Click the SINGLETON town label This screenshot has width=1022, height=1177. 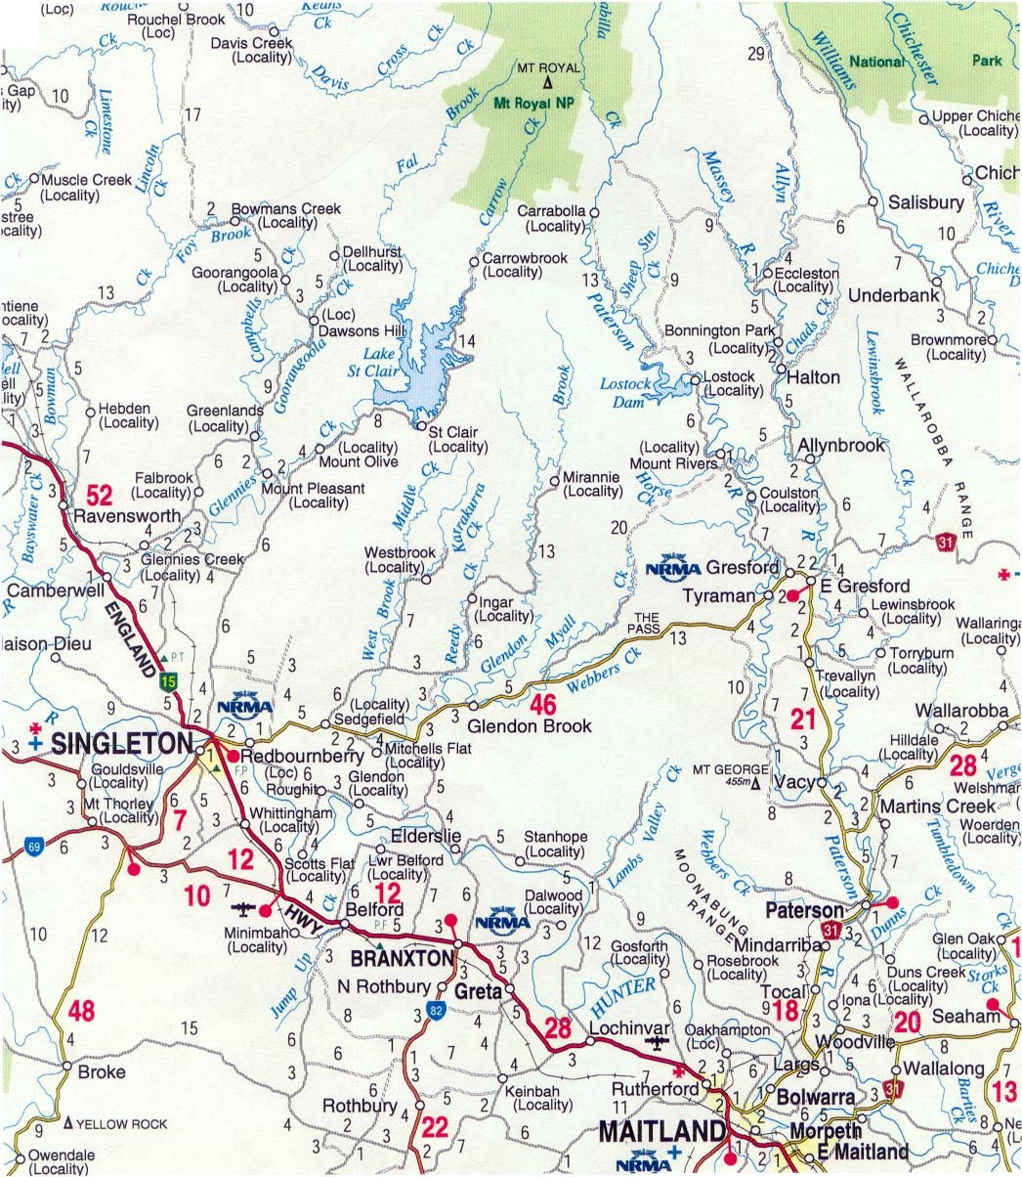coord(121,743)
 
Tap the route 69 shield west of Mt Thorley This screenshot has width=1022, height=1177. coord(34,848)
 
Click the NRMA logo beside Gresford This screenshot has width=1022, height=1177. coord(673,568)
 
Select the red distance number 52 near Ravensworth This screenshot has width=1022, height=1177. coord(99,493)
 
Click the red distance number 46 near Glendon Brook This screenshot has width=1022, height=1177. coord(542,704)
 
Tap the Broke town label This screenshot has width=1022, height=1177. coord(102,1071)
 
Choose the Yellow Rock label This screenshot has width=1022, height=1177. coord(122,1124)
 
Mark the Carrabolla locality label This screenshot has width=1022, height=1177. coord(551,218)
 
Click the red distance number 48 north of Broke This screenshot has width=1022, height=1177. coord(81,1010)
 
